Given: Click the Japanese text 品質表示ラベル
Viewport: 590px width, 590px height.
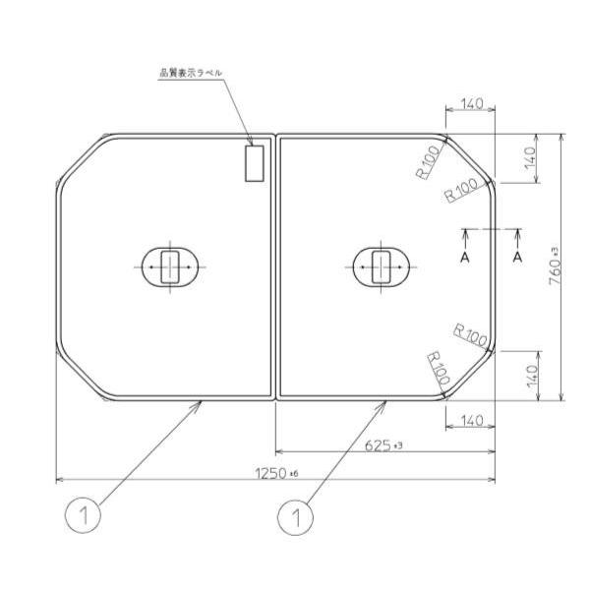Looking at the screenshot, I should click(191, 73).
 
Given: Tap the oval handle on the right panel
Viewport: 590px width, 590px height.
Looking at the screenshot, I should click(382, 265).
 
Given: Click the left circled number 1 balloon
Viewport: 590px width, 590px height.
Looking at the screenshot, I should click(84, 515).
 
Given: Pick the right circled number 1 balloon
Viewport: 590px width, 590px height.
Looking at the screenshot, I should click(294, 515).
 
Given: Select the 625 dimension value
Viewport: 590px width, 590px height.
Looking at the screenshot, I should click(383, 445).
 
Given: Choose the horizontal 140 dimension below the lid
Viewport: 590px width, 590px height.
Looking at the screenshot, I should click(469, 421).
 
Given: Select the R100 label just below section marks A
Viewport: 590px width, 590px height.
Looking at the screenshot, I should click(471, 336).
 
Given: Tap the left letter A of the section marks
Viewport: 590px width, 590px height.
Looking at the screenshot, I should click(467, 256).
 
